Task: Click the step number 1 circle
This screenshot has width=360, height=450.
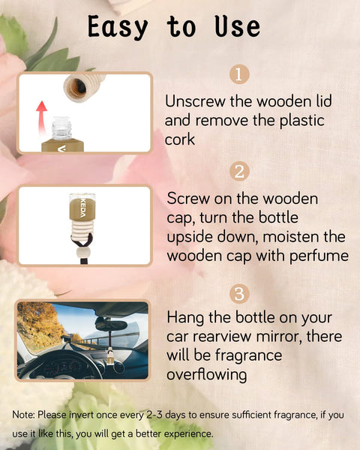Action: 238,75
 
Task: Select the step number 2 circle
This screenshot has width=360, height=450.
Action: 238,172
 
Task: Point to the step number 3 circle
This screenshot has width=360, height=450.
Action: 238,291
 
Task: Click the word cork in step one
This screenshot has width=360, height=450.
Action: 181,139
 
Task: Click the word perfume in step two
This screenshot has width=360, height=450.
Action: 317,256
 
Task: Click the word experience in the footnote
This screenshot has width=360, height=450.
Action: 187,433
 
